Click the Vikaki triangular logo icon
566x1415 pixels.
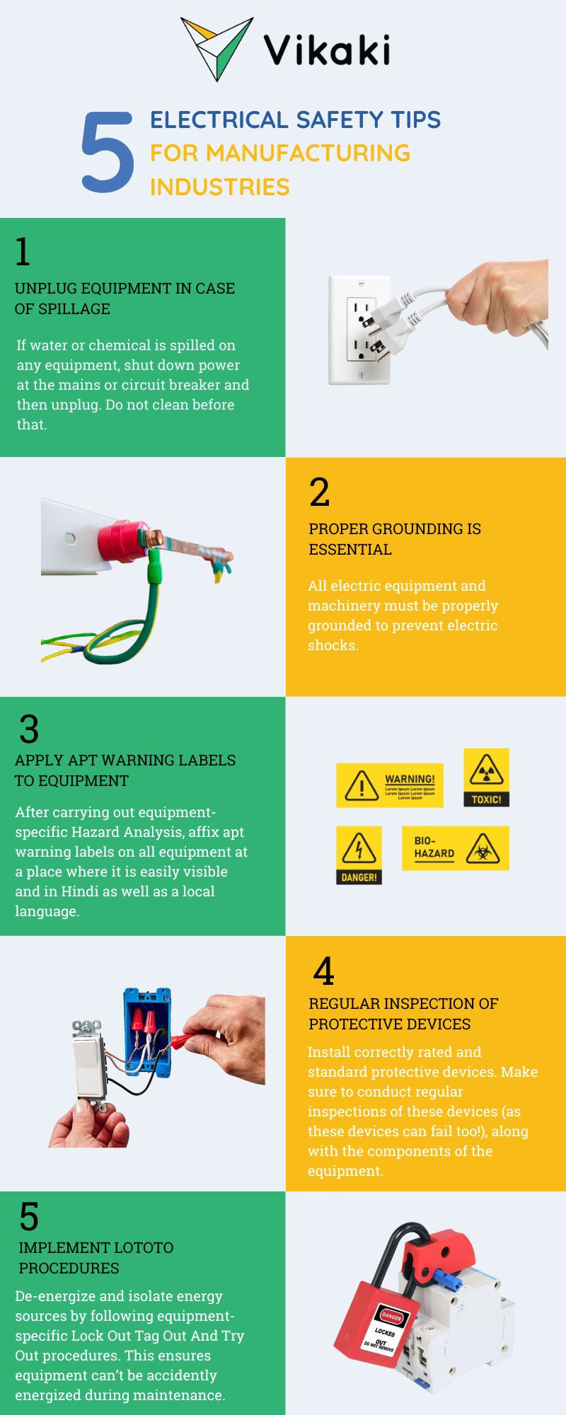click(x=216, y=46)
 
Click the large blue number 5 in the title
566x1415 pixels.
click(x=108, y=152)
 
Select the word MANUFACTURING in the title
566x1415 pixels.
click(x=308, y=153)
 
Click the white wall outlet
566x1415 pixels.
click(x=359, y=330)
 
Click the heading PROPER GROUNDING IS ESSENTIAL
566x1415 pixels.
click(x=395, y=539)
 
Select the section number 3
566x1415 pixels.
click(x=29, y=729)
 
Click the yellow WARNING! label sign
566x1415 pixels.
click(x=390, y=785)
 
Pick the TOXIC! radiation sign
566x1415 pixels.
click(x=486, y=778)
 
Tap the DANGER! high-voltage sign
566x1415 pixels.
click(x=359, y=855)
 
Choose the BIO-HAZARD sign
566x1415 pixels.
click(x=456, y=848)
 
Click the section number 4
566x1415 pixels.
click(x=323, y=971)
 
